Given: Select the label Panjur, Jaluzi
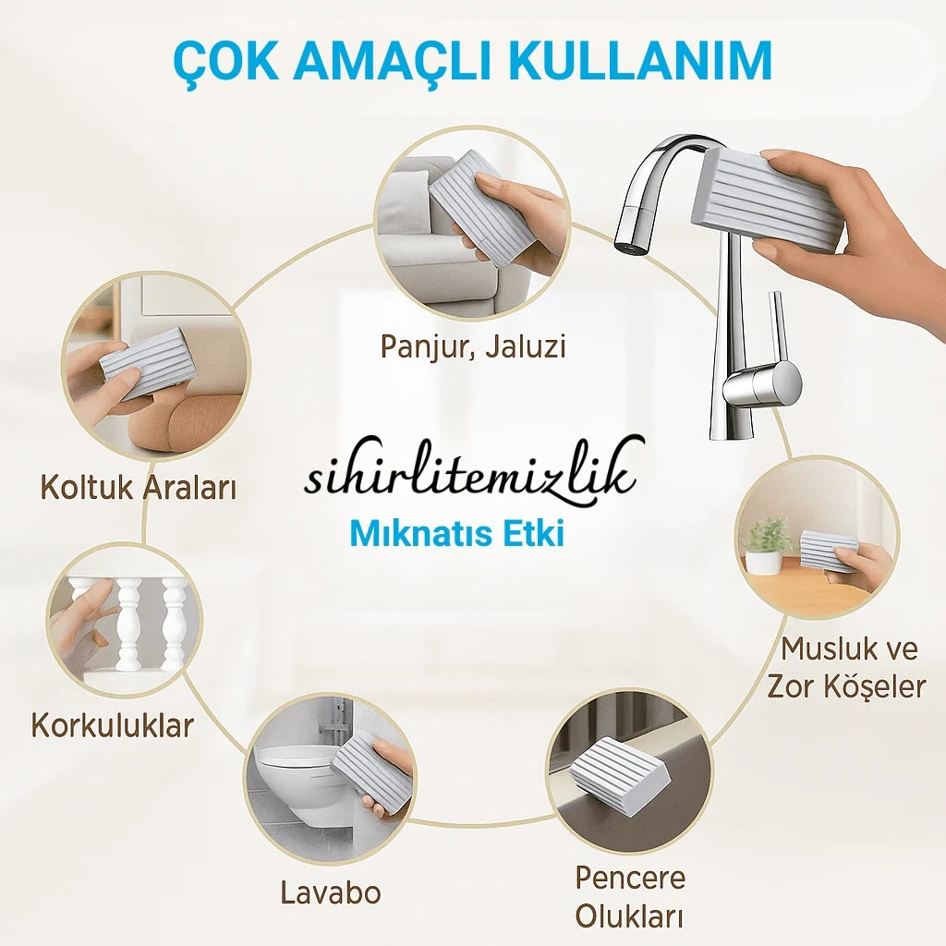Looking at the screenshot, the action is pyautogui.click(x=473, y=347).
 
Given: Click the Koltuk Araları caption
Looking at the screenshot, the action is pyautogui.click(x=139, y=488).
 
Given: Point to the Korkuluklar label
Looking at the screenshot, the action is pyautogui.click(x=112, y=725).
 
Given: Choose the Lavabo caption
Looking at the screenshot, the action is pyautogui.click(x=331, y=893).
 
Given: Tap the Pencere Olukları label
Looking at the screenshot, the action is pyautogui.click(x=630, y=897).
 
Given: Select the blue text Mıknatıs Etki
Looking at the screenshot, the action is pyautogui.click(x=457, y=534).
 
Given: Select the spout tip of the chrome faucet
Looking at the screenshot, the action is pyautogui.click(x=626, y=244).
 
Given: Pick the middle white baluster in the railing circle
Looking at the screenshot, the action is pyautogui.click(x=129, y=625).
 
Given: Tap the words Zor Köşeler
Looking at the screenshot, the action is pyautogui.click(x=846, y=686).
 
